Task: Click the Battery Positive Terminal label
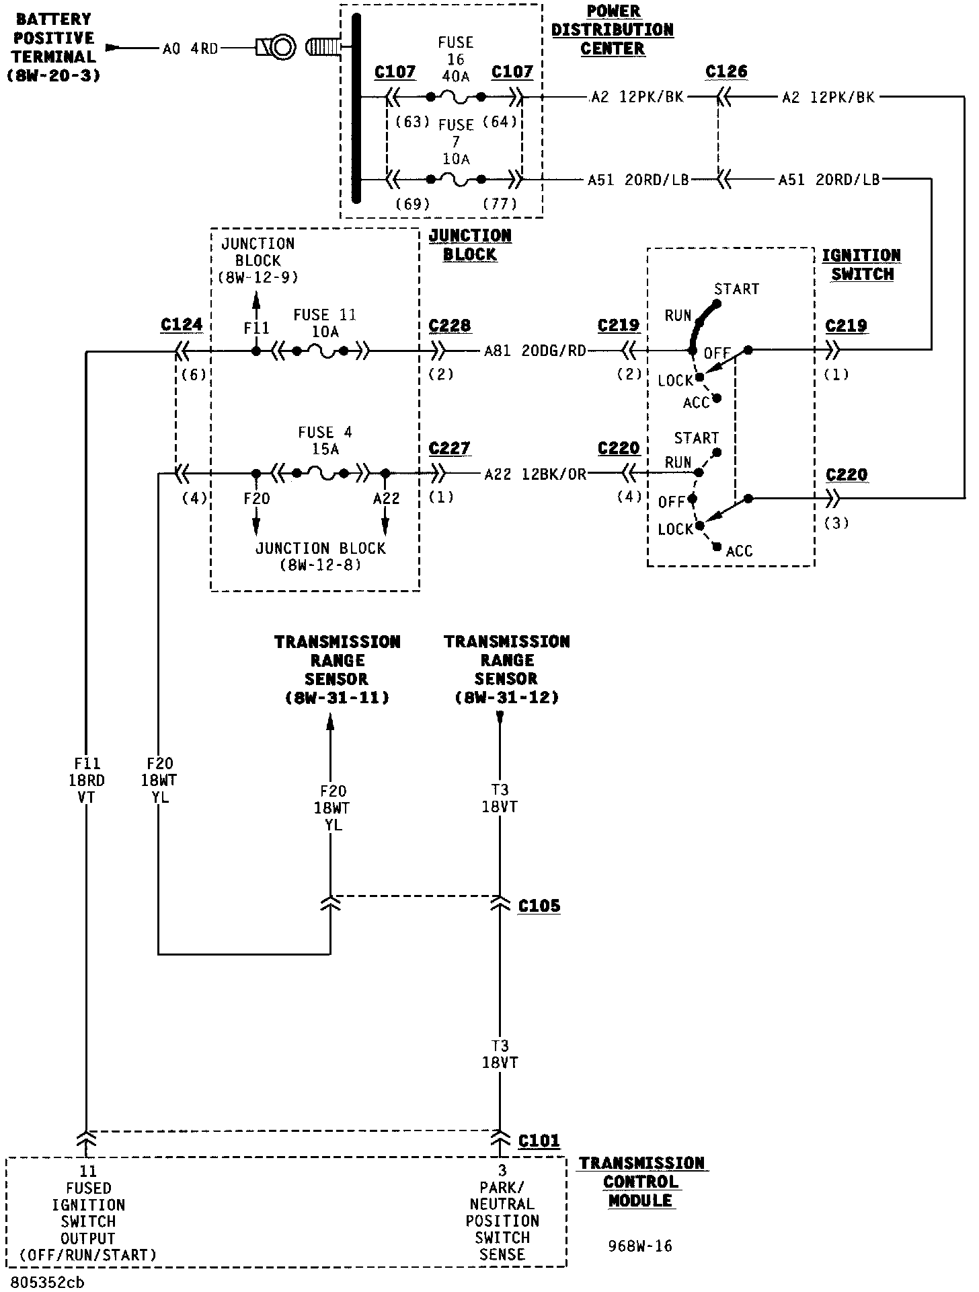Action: (54, 47)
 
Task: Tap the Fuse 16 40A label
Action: (456, 59)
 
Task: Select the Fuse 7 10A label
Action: (456, 142)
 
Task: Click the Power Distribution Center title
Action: (613, 30)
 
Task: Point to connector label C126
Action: (727, 72)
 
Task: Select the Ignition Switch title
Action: (862, 265)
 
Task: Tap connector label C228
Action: (450, 326)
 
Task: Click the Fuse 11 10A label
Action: (325, 324)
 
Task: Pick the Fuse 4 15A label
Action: (325, 440)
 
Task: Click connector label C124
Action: (182, 325)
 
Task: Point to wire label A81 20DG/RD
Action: (535, 351)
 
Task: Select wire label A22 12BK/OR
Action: (535, 474)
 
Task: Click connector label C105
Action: (539, 906)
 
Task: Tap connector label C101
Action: (539, 1141)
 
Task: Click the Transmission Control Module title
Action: (641, 1182)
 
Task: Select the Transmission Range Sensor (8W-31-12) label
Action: (507, 670)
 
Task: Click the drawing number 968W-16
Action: (640, 1246)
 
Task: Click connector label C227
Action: (450, 449)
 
